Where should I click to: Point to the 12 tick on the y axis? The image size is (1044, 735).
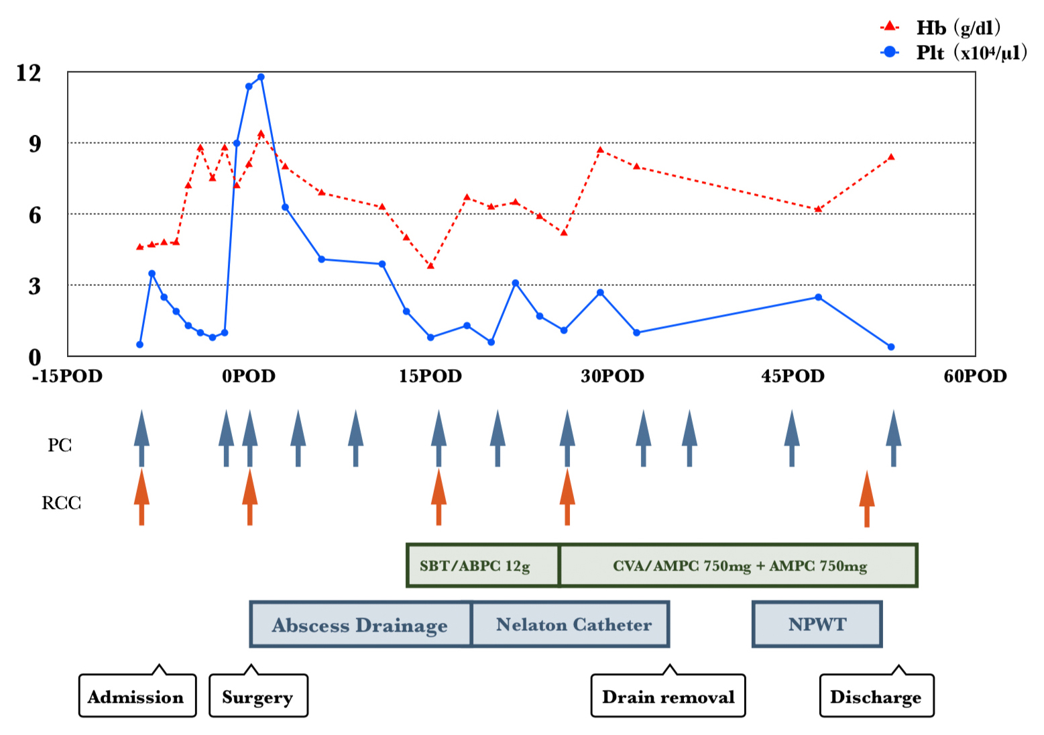(x=29, y=72)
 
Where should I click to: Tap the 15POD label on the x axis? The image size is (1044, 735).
(x=430, y=376)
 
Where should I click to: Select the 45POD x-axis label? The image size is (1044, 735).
(x=793, y=376)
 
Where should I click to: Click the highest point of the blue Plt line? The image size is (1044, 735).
(x=261, y=77)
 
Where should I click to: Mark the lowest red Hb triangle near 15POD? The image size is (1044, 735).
(x=430, y=266)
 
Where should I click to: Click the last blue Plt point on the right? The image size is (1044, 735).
(x=891, y=347)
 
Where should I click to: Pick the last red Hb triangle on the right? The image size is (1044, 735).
(x=891, y=157)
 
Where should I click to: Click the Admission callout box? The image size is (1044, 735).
(x=137, y=696)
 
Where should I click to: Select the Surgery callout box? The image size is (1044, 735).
(x=258, y=696)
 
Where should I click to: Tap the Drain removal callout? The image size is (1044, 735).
(x=668, y=696)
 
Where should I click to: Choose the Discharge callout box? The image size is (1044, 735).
(x=876, y=696)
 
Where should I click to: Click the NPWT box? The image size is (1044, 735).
(x=817, y=624)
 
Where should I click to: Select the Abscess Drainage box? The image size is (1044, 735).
(x=360, y=624)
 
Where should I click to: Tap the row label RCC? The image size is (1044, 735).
(x=61, y=503)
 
